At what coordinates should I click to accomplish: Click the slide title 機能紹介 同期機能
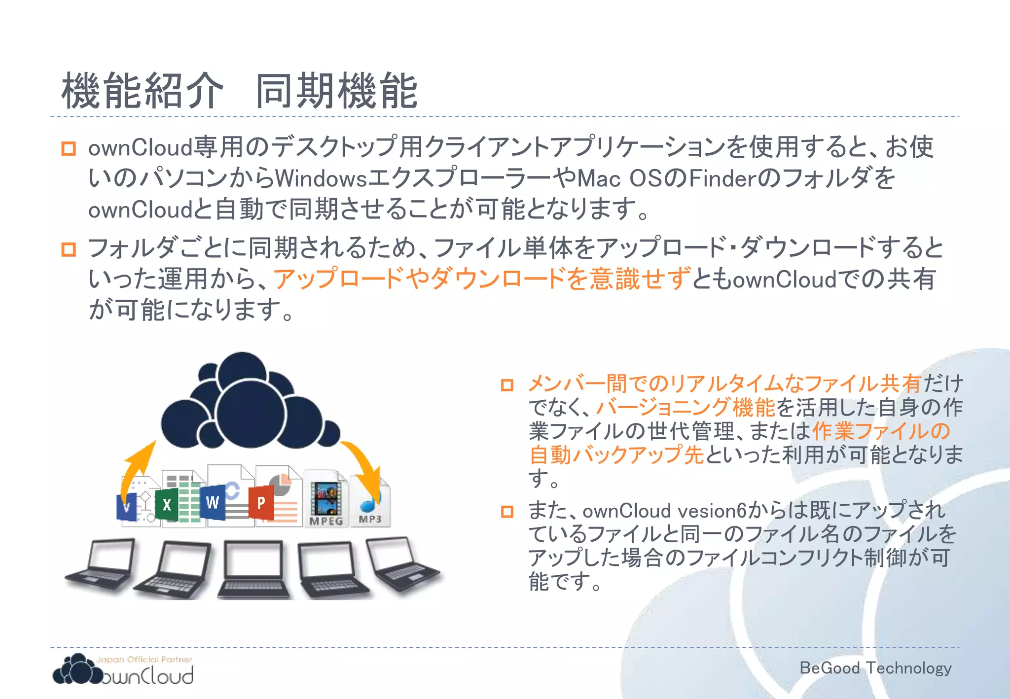click(x=240, y=91)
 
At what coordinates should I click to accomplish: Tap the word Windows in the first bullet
click(x=321, y=178)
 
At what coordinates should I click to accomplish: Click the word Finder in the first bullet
click(x=722, y=178)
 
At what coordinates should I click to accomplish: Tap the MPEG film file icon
click(x=325, y=499)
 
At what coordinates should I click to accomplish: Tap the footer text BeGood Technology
click(x=875, y=668)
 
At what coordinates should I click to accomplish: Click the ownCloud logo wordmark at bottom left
click(x=148, y=676)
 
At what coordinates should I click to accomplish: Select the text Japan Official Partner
click(x=144, y=659)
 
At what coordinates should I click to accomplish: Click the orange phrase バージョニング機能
click(x=685, y=408)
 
